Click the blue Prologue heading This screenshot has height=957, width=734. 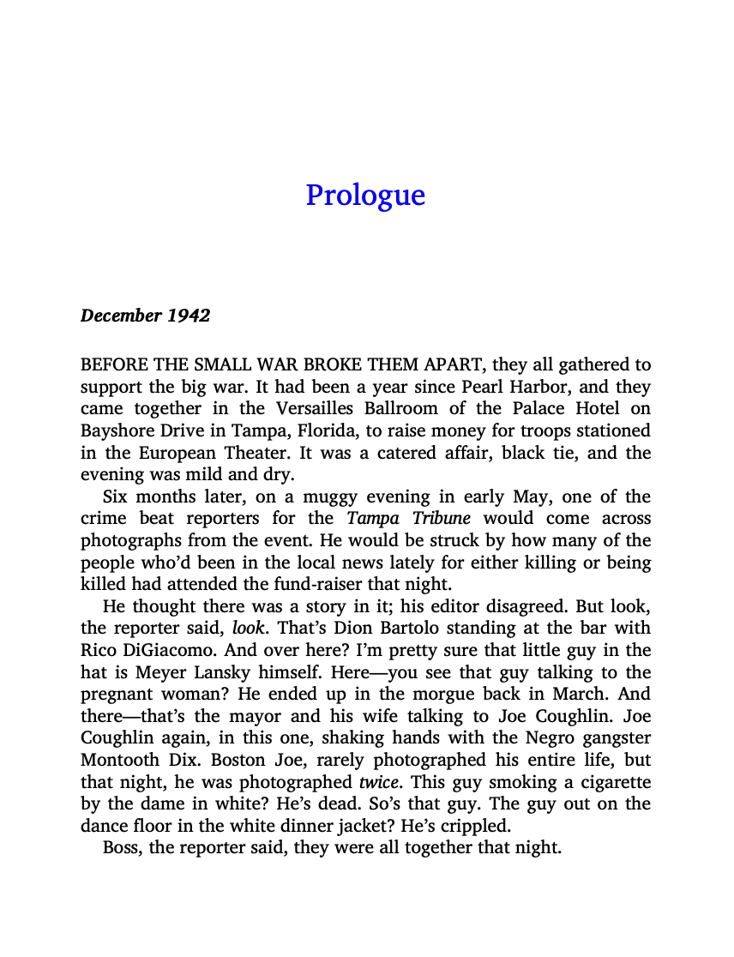[x=365, y=196]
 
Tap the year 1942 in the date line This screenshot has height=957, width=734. [x=189, y=316]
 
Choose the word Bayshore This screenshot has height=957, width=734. [x=117, y=430]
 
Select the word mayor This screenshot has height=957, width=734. [x=229, y=716]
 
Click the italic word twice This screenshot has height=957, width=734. [x=379, y=782]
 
